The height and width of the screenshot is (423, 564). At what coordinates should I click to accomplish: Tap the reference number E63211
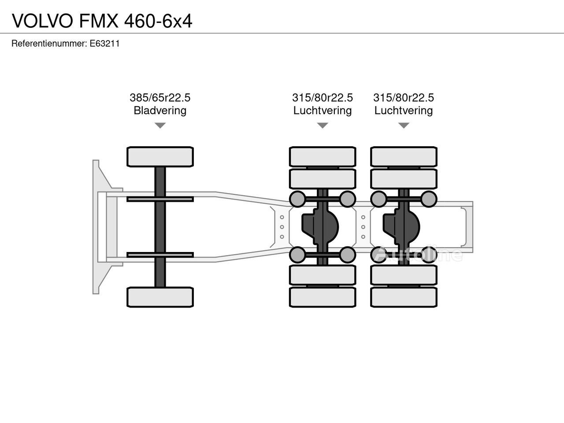coord(104,44)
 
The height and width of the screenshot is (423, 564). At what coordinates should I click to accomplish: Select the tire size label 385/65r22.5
coord(160,97)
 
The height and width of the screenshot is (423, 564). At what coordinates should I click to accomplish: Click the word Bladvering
coord(160,110)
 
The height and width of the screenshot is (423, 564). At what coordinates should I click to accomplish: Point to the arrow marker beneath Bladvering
coord(160,126)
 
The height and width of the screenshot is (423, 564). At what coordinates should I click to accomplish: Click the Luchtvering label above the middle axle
coord(323,110)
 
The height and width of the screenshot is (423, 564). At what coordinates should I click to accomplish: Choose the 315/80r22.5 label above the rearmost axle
coord(404,97)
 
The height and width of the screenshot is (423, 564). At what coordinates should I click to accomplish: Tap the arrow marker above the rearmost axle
coord(404,126)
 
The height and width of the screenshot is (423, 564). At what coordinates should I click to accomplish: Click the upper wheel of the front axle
coord(160,157)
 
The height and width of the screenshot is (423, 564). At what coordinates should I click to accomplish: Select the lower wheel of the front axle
coord(160,297)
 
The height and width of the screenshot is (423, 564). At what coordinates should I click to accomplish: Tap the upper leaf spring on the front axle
coord(160,199)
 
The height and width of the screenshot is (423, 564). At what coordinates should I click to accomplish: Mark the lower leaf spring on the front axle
coord(160,255)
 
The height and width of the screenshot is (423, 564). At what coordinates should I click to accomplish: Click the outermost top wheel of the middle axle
coord(323,157)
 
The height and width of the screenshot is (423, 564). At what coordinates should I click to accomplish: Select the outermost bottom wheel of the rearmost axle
coord(404,297)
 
